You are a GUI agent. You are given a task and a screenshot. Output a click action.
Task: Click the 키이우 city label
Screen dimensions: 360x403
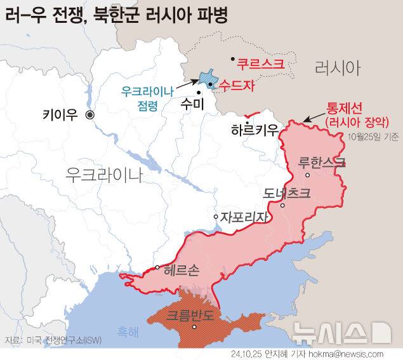60,115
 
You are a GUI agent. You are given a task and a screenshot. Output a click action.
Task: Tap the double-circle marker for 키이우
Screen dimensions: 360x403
90,115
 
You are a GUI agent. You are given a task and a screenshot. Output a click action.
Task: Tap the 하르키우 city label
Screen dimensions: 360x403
254,130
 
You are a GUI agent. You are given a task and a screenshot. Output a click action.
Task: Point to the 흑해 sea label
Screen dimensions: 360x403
127,331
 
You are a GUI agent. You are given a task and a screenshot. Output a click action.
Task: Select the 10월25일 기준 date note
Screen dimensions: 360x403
373,137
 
